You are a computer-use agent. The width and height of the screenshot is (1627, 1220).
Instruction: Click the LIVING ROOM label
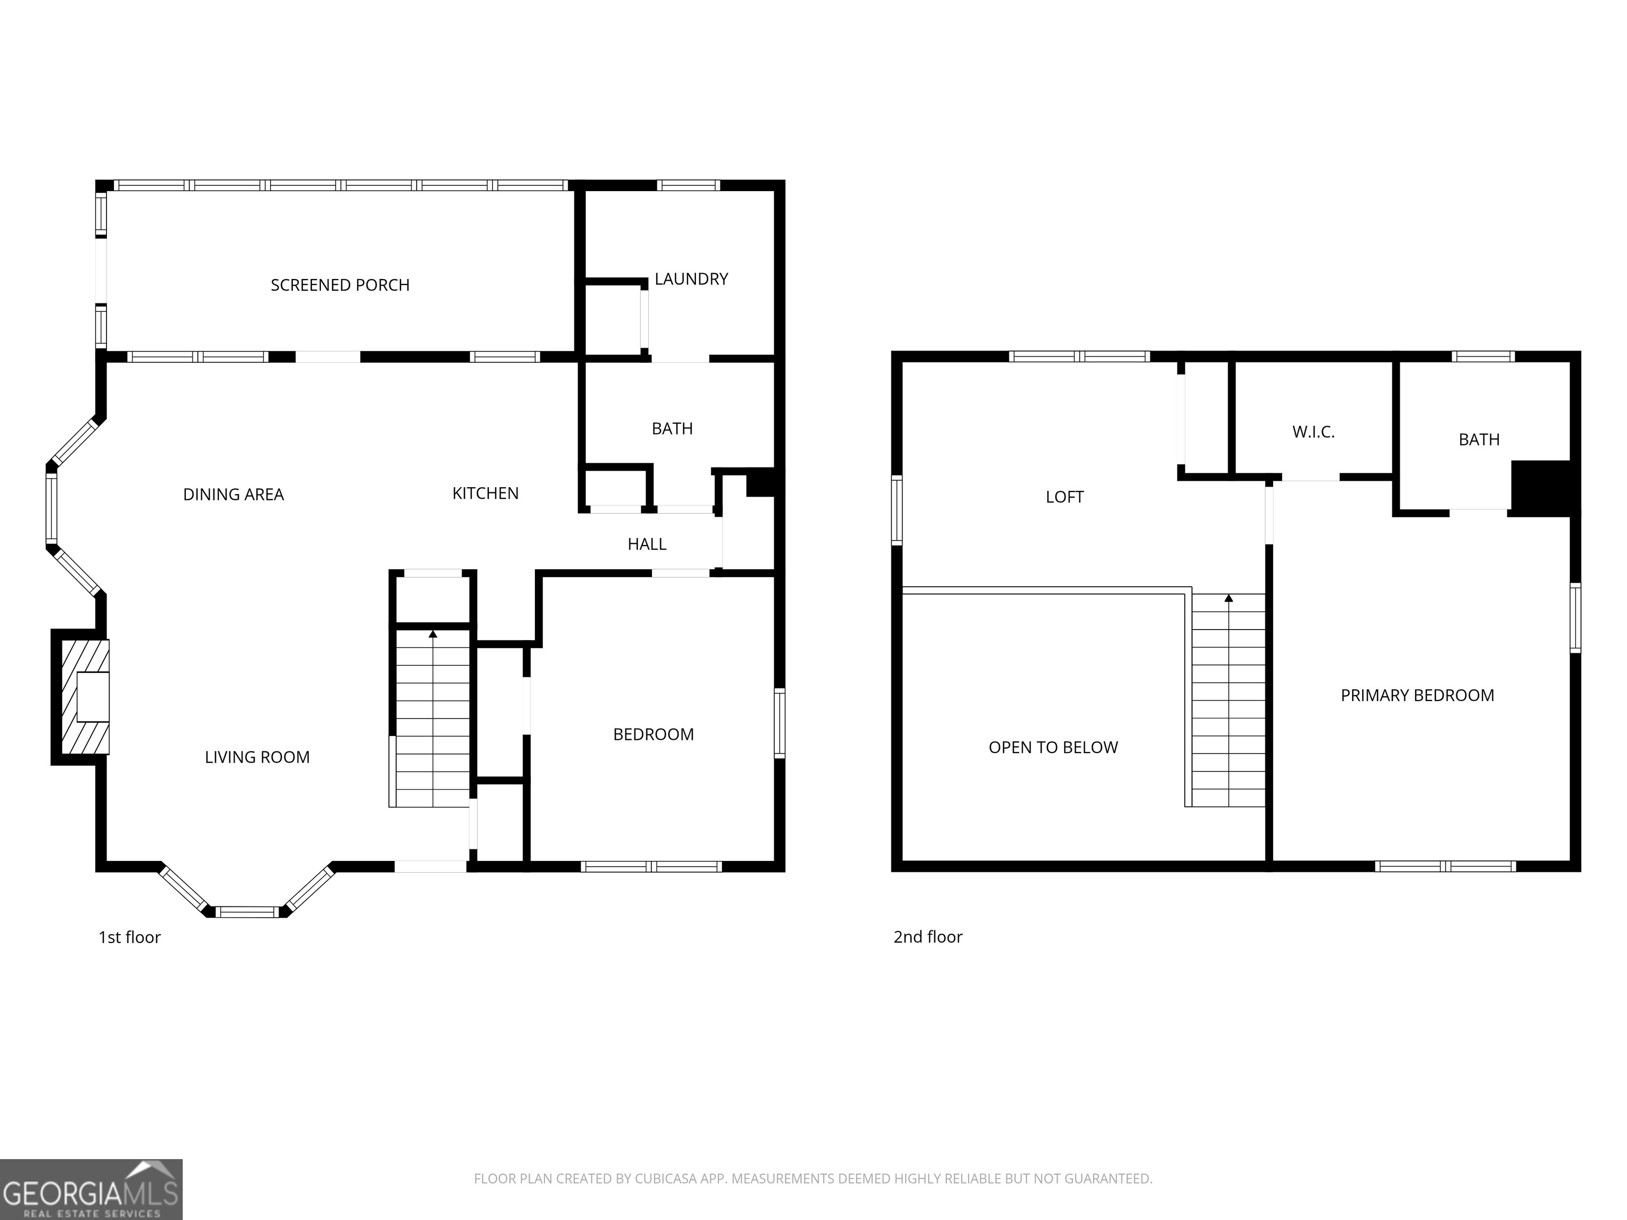pyautogui.click(x=257, y=757)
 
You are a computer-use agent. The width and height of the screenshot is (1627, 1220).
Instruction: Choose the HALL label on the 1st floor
pyautogui.click(x=647, y=544)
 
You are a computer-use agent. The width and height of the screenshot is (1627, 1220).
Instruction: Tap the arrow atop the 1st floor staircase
pyautogui.click(x=433, y=633)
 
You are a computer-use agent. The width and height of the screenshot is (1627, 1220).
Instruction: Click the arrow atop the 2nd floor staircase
pyautogui.click(x=1228, y=598)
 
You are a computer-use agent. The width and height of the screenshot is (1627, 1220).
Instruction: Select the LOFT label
pyautogui.click(x=1065, y=497)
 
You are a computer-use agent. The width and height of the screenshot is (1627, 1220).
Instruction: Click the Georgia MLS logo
pyautogui.click(x=91, y=1189)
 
